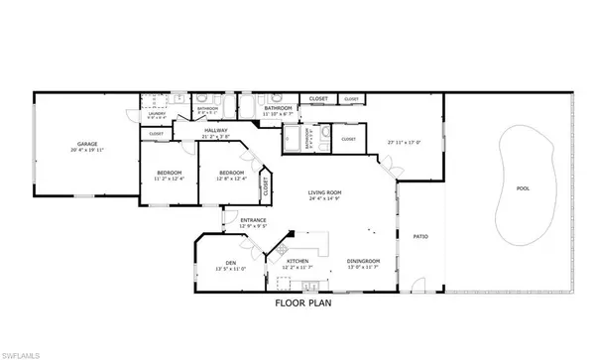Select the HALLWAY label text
pyautogui.click(x=216, y=130)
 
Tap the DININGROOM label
pyautogui.click(x=361, y=261)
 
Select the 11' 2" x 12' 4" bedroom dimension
pyautogui.click(x=170, y=180)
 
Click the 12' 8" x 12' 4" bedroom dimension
pyautogui.click(x=232, y=180)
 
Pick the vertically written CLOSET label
pyautogui.click(x=266, y=183)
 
